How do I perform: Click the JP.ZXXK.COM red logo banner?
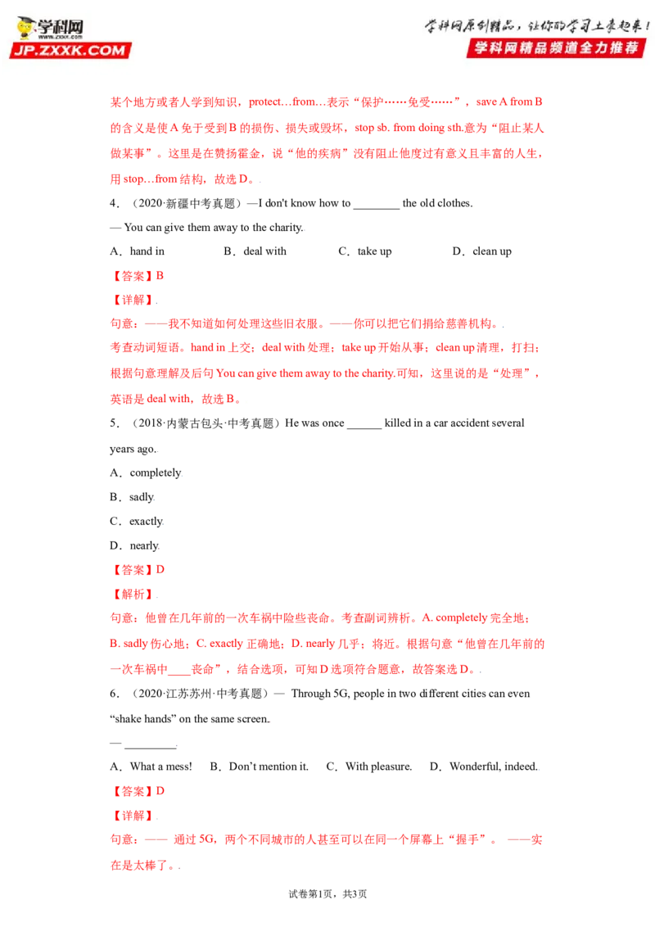70,50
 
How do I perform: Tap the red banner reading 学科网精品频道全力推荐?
556,47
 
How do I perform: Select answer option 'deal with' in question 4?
264,251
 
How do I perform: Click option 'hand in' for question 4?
147,251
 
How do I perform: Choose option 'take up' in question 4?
374,251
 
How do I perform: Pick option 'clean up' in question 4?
492,251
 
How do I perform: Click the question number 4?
113,203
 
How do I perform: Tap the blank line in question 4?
377,207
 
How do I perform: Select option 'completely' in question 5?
156,473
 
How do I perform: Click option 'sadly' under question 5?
142,496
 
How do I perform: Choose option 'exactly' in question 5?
146,521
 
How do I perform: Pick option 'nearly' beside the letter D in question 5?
144,545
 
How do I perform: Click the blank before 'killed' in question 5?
364,427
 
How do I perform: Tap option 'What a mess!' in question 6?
160,766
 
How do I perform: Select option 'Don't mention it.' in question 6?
269,766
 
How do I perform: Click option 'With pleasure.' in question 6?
378,766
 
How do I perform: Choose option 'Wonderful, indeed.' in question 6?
494,766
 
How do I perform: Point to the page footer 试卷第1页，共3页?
327,894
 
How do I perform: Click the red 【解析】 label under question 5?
133,595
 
